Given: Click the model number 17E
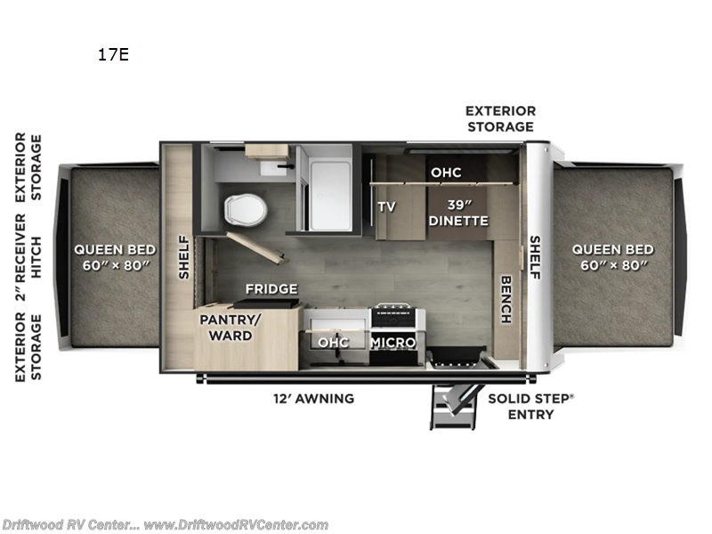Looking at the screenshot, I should click(113, 55).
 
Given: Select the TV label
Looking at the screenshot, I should click(386, 206).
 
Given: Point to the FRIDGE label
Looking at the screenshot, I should click(271, 289).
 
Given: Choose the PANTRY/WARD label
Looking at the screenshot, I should click(225, 327).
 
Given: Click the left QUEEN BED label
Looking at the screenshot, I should click(115, 257).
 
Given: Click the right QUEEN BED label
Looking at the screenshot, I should click(612, 257).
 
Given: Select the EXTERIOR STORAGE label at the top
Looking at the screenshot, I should click(500, 118).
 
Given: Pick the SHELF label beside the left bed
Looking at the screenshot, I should click(183, 256).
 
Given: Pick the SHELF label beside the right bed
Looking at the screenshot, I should click(536, 257).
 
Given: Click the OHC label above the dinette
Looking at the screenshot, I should click(445, 172).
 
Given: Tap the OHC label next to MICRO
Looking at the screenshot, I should click(334, 343).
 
